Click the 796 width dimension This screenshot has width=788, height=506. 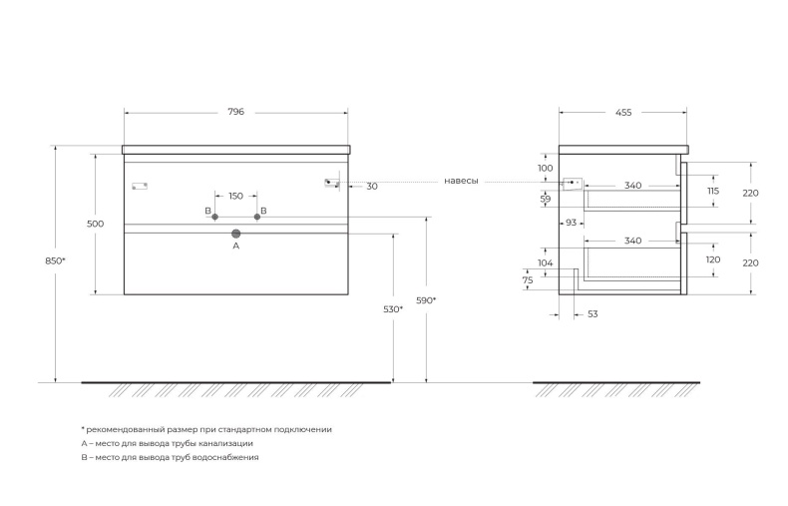pyautogui.click(x=236, y=113)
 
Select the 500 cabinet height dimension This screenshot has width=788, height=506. pyautogui.click(x=96, y=225)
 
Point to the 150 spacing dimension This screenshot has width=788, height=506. pyautogui.click(x=235, y=197)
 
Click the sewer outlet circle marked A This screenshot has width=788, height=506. pyautogui.click(x=236, y=234)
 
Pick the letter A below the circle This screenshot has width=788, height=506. pyautogui.click(x=236, y=246)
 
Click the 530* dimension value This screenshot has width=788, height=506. pyautogui.click(x=393, y=310)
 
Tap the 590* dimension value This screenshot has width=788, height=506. pyautogui.click(x=427, y=299)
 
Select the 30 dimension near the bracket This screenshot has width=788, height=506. pyautogui.click(x=372, y=187)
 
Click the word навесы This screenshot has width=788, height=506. pyautogui.click(x=462, y=182)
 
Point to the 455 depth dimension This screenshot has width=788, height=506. pyautogui.click(x=623, y=113)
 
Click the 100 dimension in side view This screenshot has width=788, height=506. pyautogui.click(x=546, y=169)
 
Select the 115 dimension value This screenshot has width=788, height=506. pyautogui.click(x=712, y=191)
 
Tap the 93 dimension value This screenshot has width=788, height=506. pyautogui.click(x=572, y=223)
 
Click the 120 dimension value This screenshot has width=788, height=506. pyautogui.click(x=712, y=259)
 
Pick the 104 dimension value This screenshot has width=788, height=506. pyautogui.click(x=546, y=262)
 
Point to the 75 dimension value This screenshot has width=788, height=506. pyautogui.click(x=529, y=281)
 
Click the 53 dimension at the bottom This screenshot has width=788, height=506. pyautogui.click(x=592, y=314)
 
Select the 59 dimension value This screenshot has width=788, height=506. pyautogui.click(x=546, y=200)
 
